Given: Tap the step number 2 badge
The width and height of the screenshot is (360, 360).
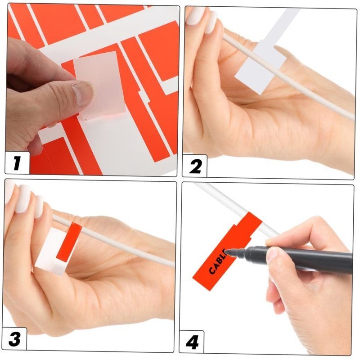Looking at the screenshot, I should tap(195, 166).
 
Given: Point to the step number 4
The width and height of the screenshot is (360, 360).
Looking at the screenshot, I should tap(192, 342).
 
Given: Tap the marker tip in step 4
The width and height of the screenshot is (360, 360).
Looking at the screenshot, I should tap(228, 253).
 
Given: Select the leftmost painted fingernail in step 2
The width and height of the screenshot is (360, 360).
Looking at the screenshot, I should tap(195, 16).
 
